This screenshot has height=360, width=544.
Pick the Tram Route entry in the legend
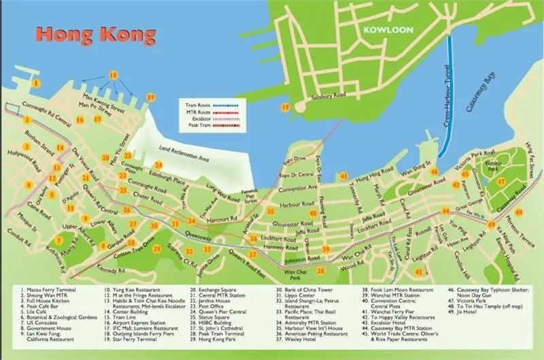pyautogui.click(x=198, y=106)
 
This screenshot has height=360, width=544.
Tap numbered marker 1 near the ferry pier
pyautogui.click(x=35, y=83)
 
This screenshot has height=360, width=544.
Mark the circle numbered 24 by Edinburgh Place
pyautogui.click(x=158, y=165)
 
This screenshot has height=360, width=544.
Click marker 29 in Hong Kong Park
pyautogui.click(x=157, y=248)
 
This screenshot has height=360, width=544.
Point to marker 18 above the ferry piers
pyautogui.click(x=114, y=75)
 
